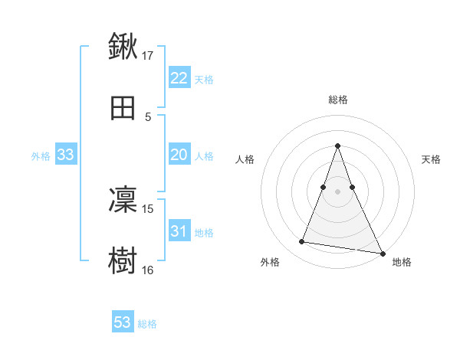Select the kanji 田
coord(123,108)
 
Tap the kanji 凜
coord(123,200)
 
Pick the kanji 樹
coord(123,260)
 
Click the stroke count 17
coord(148,55)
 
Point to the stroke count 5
coord(148,117)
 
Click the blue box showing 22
coord(179,78)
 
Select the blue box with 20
coord(179,155)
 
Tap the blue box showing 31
coord(179,231)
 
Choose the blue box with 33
coord(66,155)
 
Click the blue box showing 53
coord(123,322)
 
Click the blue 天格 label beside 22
coord(204,80)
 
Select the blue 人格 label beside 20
coord(204,156)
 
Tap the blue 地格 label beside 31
coord(204,233)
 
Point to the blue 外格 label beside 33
coord(41,156)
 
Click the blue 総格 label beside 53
coord(147,324)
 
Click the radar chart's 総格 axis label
coord(337,100)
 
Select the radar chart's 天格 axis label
coord(431,159)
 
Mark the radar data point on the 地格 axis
coord(382,254)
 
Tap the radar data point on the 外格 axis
coord(301,242)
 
